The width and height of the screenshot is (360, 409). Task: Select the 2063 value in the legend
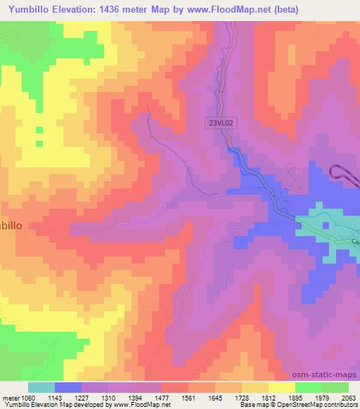tap(346, 398)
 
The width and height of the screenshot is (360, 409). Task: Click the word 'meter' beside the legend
tap(12, 398)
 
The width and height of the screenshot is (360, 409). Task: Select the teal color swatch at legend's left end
tap(42, 387)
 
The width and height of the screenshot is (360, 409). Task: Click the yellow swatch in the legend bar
tap(282, 387)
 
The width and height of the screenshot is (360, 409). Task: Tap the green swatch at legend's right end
tap(335, 387)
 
